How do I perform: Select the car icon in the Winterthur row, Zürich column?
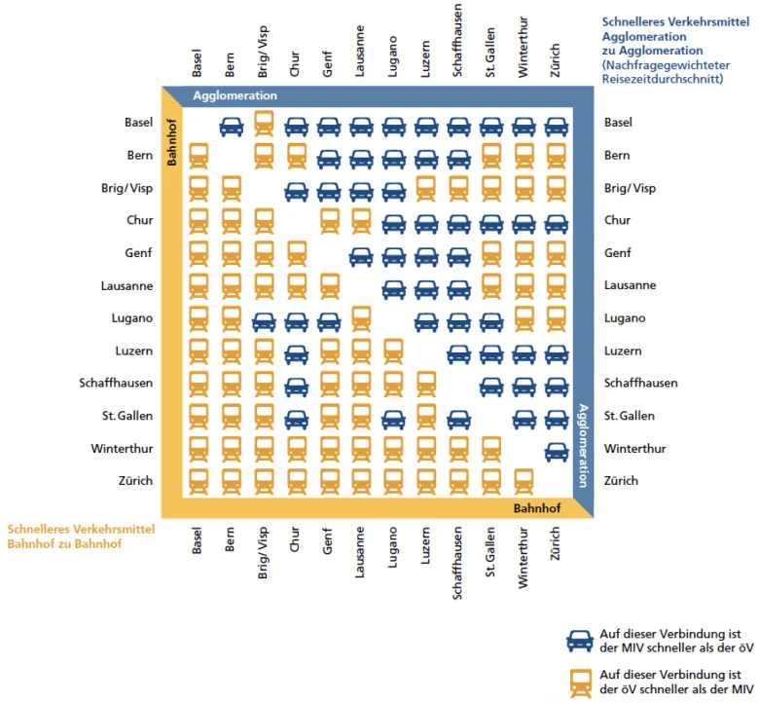pos(556,450)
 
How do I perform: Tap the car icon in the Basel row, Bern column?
pos(231,125)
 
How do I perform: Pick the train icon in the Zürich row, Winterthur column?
pos(524,481)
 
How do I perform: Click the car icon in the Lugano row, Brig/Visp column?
pos(264,319)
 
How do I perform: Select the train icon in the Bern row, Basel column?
pos(199,156)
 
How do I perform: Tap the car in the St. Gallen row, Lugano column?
pos(393,418)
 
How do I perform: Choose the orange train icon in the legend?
pos(581,683)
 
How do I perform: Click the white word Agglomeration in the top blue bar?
pos(235,95)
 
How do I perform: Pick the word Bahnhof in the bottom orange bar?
pos(538,508)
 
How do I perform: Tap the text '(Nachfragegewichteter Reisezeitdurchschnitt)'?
pos(663,71)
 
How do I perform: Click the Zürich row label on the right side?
pos(621,481)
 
